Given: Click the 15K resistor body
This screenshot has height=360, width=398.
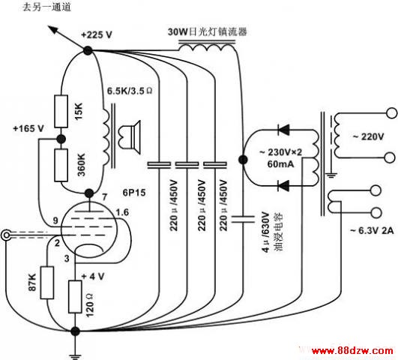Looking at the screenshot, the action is [x=61, y=112].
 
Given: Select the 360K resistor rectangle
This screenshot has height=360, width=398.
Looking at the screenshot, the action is [x=61, y=165].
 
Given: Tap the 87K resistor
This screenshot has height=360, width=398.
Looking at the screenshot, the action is [x=47, y=283].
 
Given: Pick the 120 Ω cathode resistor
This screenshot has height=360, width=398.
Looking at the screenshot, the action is [x=75, y=297].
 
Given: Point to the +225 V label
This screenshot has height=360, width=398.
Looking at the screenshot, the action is [x=97, y=34].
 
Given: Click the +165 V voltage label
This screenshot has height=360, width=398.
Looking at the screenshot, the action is [x=28, y=128].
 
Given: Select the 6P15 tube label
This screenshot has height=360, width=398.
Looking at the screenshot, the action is [x=134, y=193].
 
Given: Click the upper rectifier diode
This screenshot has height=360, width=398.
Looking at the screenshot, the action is [x=283, y=130].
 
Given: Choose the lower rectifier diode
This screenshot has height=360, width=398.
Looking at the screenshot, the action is [x=283, y=186].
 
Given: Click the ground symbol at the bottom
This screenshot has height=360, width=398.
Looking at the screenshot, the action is [x=75, y=356].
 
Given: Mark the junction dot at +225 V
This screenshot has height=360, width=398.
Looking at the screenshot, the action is [x=88, y=50].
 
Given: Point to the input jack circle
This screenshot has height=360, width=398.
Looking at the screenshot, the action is [x=6, y=235].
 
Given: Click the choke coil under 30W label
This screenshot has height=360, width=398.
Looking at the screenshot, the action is [x=207, y=46].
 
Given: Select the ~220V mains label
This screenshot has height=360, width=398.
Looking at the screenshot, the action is [x=368, y=137].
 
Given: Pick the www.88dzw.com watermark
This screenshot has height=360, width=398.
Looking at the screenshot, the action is [x=352, y=351].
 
